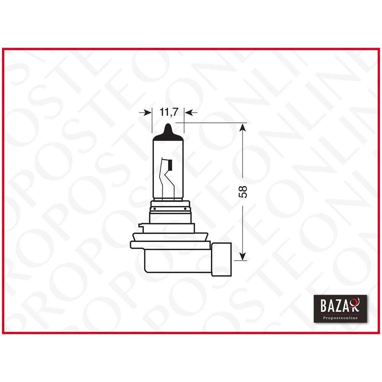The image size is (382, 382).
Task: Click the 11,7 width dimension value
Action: [x=168, y=112]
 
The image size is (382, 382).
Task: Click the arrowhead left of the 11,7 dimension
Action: [x=147, y=112]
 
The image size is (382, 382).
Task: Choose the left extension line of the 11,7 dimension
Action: [x=152, y=122]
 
